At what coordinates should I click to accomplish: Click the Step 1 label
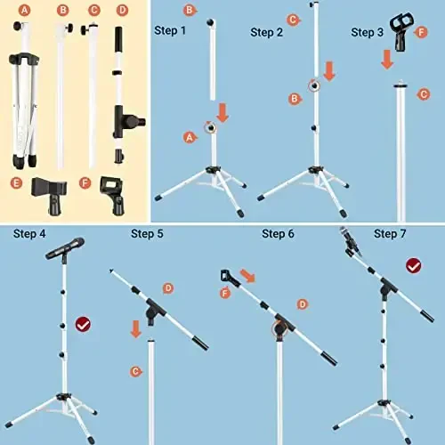tap(170, 31)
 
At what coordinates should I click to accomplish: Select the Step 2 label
tap(267, 32)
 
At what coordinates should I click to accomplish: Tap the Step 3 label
tap(368, 32)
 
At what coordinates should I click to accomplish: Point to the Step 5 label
tap(147, 234)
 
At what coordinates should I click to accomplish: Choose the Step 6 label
tap(278, 234)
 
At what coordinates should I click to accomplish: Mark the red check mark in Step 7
tap(414, 265)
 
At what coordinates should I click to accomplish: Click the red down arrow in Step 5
tap(136, 328)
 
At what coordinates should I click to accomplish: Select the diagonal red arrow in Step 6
tap(247, 278)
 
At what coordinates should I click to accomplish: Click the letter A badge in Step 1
tap(189, 137)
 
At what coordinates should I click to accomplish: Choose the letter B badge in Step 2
tap(293, 99)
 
